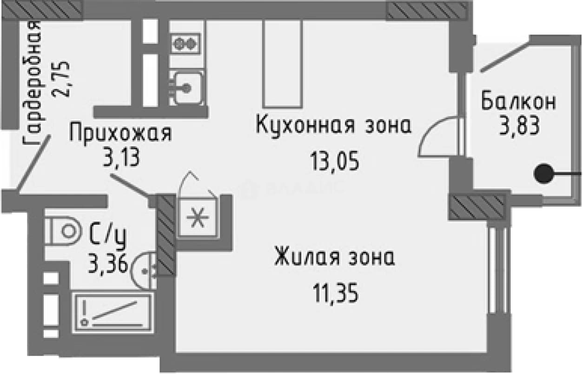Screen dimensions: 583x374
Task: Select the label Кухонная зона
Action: [x=334, y=126]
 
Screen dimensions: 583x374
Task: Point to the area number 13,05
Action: [x=335, y=161]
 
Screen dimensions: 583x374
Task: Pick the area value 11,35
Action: [x=336, y=293]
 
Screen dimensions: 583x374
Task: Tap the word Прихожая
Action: [x=121, y=133]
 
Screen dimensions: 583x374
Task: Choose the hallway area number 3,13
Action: [x=121, y=157]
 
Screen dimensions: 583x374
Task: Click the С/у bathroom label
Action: [x=107, y=237]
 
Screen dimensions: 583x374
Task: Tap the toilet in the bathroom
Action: [x=62, y=231]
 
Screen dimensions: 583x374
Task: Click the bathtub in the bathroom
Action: [x=113, y=313]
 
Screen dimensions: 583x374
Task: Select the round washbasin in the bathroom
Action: [x=144, y=271]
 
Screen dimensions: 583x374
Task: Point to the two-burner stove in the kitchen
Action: [x=186, y=43]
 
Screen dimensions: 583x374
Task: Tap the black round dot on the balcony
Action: [x=543, y=174]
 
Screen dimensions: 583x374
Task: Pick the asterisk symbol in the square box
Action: [x=198, y=218]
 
